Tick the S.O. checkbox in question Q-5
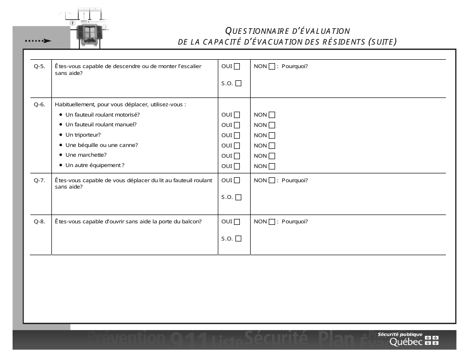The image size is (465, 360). tap(238, 83)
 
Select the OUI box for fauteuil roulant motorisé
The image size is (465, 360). tap(237, 115)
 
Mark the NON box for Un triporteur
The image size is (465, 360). tap(272, 135)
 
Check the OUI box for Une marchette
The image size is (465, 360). tap(237, 156)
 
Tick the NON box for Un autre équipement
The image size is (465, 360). tap(272, 166)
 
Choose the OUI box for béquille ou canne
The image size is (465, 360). tap(237, 145)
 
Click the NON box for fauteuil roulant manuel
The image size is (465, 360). tap(272, 125)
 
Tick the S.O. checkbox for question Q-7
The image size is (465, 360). tap(238, 197)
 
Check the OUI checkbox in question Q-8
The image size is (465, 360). tap(237, 221)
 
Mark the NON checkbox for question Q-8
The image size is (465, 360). tap(272, 221)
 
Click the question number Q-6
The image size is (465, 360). tap(39, 104)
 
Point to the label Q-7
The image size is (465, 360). tap(39, 180)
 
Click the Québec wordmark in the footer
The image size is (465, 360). tap(406, 342)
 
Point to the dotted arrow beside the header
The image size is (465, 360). tap(38, 41)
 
